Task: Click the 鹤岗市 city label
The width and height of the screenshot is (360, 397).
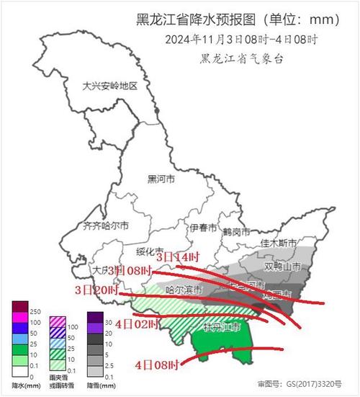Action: click(236, 233)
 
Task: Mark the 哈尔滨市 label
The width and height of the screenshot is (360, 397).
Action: click(184, 290)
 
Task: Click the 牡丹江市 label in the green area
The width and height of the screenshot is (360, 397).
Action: click(222, 328)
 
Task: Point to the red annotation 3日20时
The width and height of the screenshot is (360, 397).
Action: click(96, 289)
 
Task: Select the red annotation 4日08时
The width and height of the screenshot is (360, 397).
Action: click(156, 365)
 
